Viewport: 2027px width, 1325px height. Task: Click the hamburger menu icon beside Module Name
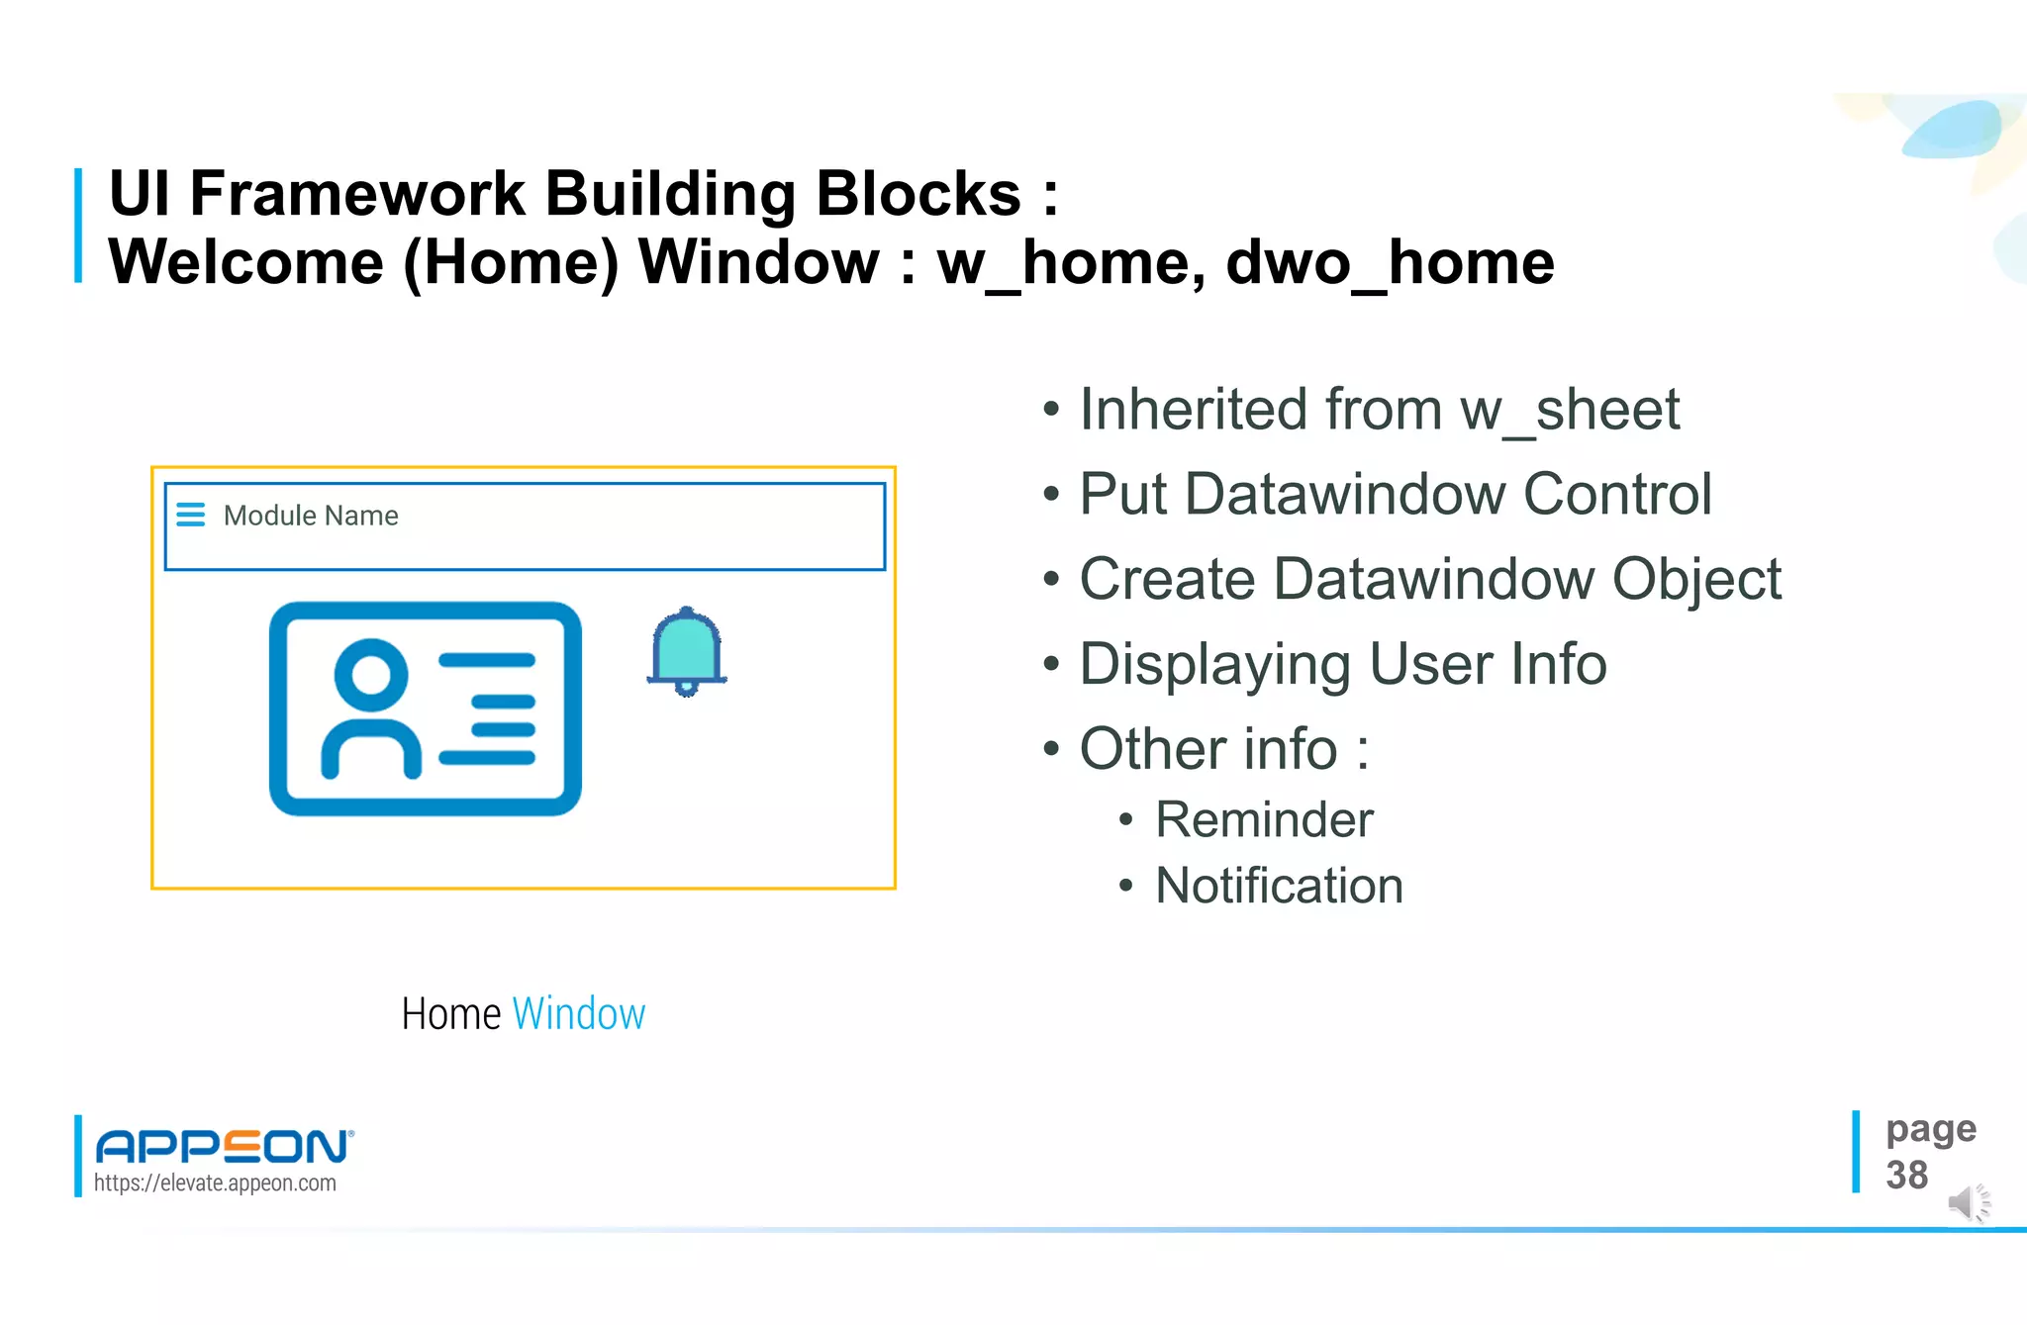coord(190,515)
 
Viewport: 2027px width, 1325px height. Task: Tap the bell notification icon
coord(687,652)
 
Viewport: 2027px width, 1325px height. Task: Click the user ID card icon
coord(426,709)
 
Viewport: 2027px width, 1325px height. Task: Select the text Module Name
coord(311,516)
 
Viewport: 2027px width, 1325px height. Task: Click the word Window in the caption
coord(579,1014)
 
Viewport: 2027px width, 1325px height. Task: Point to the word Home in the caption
coord(451,1014)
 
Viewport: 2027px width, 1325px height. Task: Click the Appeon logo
coord(224,1146)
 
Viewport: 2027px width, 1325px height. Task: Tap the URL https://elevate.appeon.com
coord(215,1183)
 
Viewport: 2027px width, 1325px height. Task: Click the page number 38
coord(1906,1176)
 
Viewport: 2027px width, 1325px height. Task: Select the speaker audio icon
coord(1968,1203)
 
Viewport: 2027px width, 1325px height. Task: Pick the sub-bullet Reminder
coord(1264,820)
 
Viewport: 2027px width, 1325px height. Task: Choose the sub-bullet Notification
coord(1279,886)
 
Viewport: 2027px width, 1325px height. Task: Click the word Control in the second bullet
coord(1617,495)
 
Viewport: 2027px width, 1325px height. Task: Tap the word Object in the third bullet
coord(1696,580)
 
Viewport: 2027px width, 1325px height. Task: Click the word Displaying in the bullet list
coord(1214,665)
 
